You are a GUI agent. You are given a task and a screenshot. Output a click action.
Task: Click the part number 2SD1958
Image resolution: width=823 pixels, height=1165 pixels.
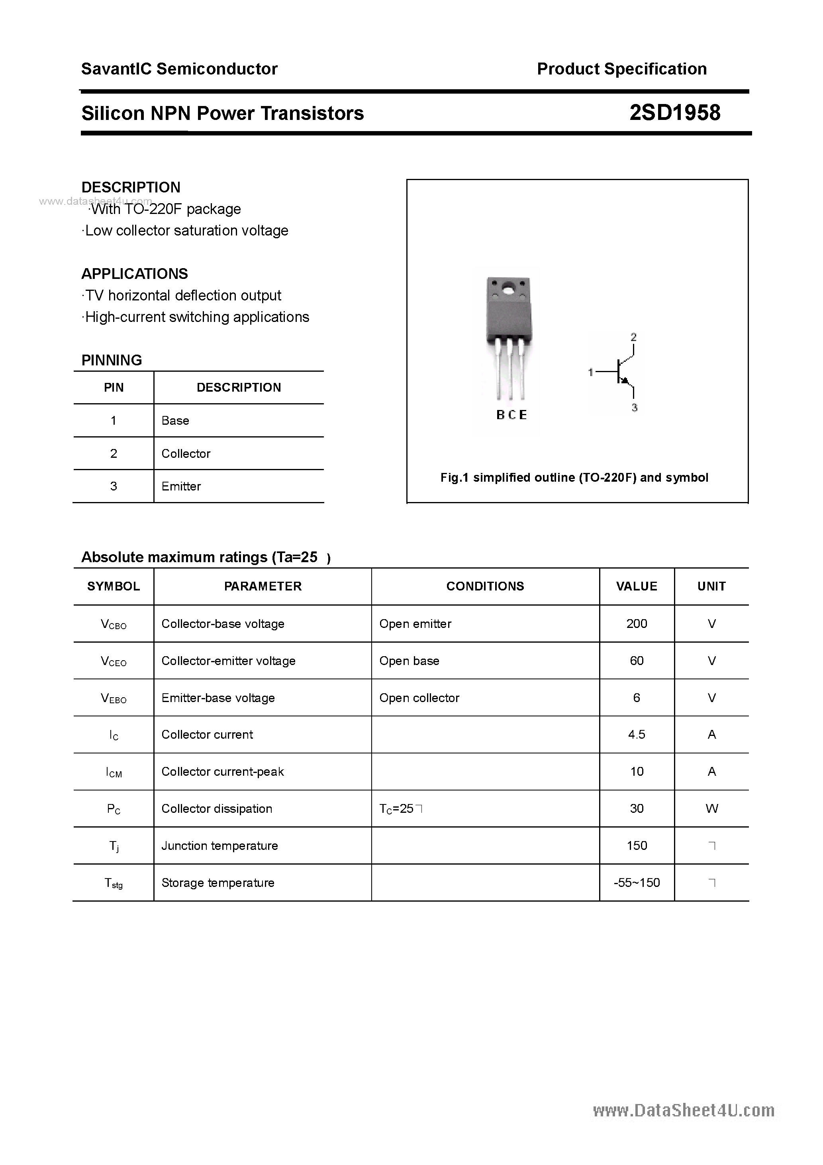point(674,113)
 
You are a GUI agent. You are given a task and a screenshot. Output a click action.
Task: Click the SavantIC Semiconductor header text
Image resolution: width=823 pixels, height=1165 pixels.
point(179,69)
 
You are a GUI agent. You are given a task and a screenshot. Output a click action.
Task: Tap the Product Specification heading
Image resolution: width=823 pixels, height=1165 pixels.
point(621,69)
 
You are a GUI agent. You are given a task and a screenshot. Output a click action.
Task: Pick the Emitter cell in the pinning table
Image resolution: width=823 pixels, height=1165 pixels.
point(181,486)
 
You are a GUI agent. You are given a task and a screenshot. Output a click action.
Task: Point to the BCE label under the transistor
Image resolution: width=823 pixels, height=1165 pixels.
point(511,415)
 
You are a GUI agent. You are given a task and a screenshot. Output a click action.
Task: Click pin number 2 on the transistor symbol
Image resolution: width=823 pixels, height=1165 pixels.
point(633,337)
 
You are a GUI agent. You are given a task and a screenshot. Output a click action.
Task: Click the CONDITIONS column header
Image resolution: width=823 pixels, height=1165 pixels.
point(485,586)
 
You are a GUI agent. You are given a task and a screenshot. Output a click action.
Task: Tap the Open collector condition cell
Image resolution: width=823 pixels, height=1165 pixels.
point(419,698)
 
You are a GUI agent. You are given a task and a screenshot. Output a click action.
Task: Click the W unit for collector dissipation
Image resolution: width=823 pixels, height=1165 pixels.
point(711,808)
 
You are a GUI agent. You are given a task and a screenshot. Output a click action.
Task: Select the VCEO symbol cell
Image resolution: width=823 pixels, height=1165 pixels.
point(114,661)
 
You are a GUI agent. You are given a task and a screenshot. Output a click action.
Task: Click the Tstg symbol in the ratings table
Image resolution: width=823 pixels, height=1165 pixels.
point(114,883)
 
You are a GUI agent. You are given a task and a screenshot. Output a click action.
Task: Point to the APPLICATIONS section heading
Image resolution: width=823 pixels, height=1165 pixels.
point(135,274)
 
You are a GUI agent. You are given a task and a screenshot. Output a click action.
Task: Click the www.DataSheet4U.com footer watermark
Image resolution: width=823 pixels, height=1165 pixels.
point(684,1111)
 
